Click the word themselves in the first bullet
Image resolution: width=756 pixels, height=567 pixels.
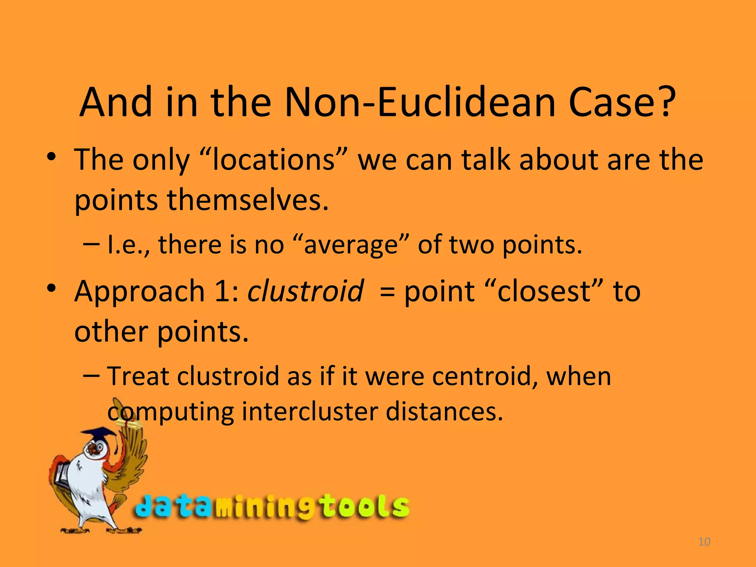247,200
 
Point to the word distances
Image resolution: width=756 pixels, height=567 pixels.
444,411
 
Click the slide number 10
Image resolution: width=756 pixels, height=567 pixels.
704,542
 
